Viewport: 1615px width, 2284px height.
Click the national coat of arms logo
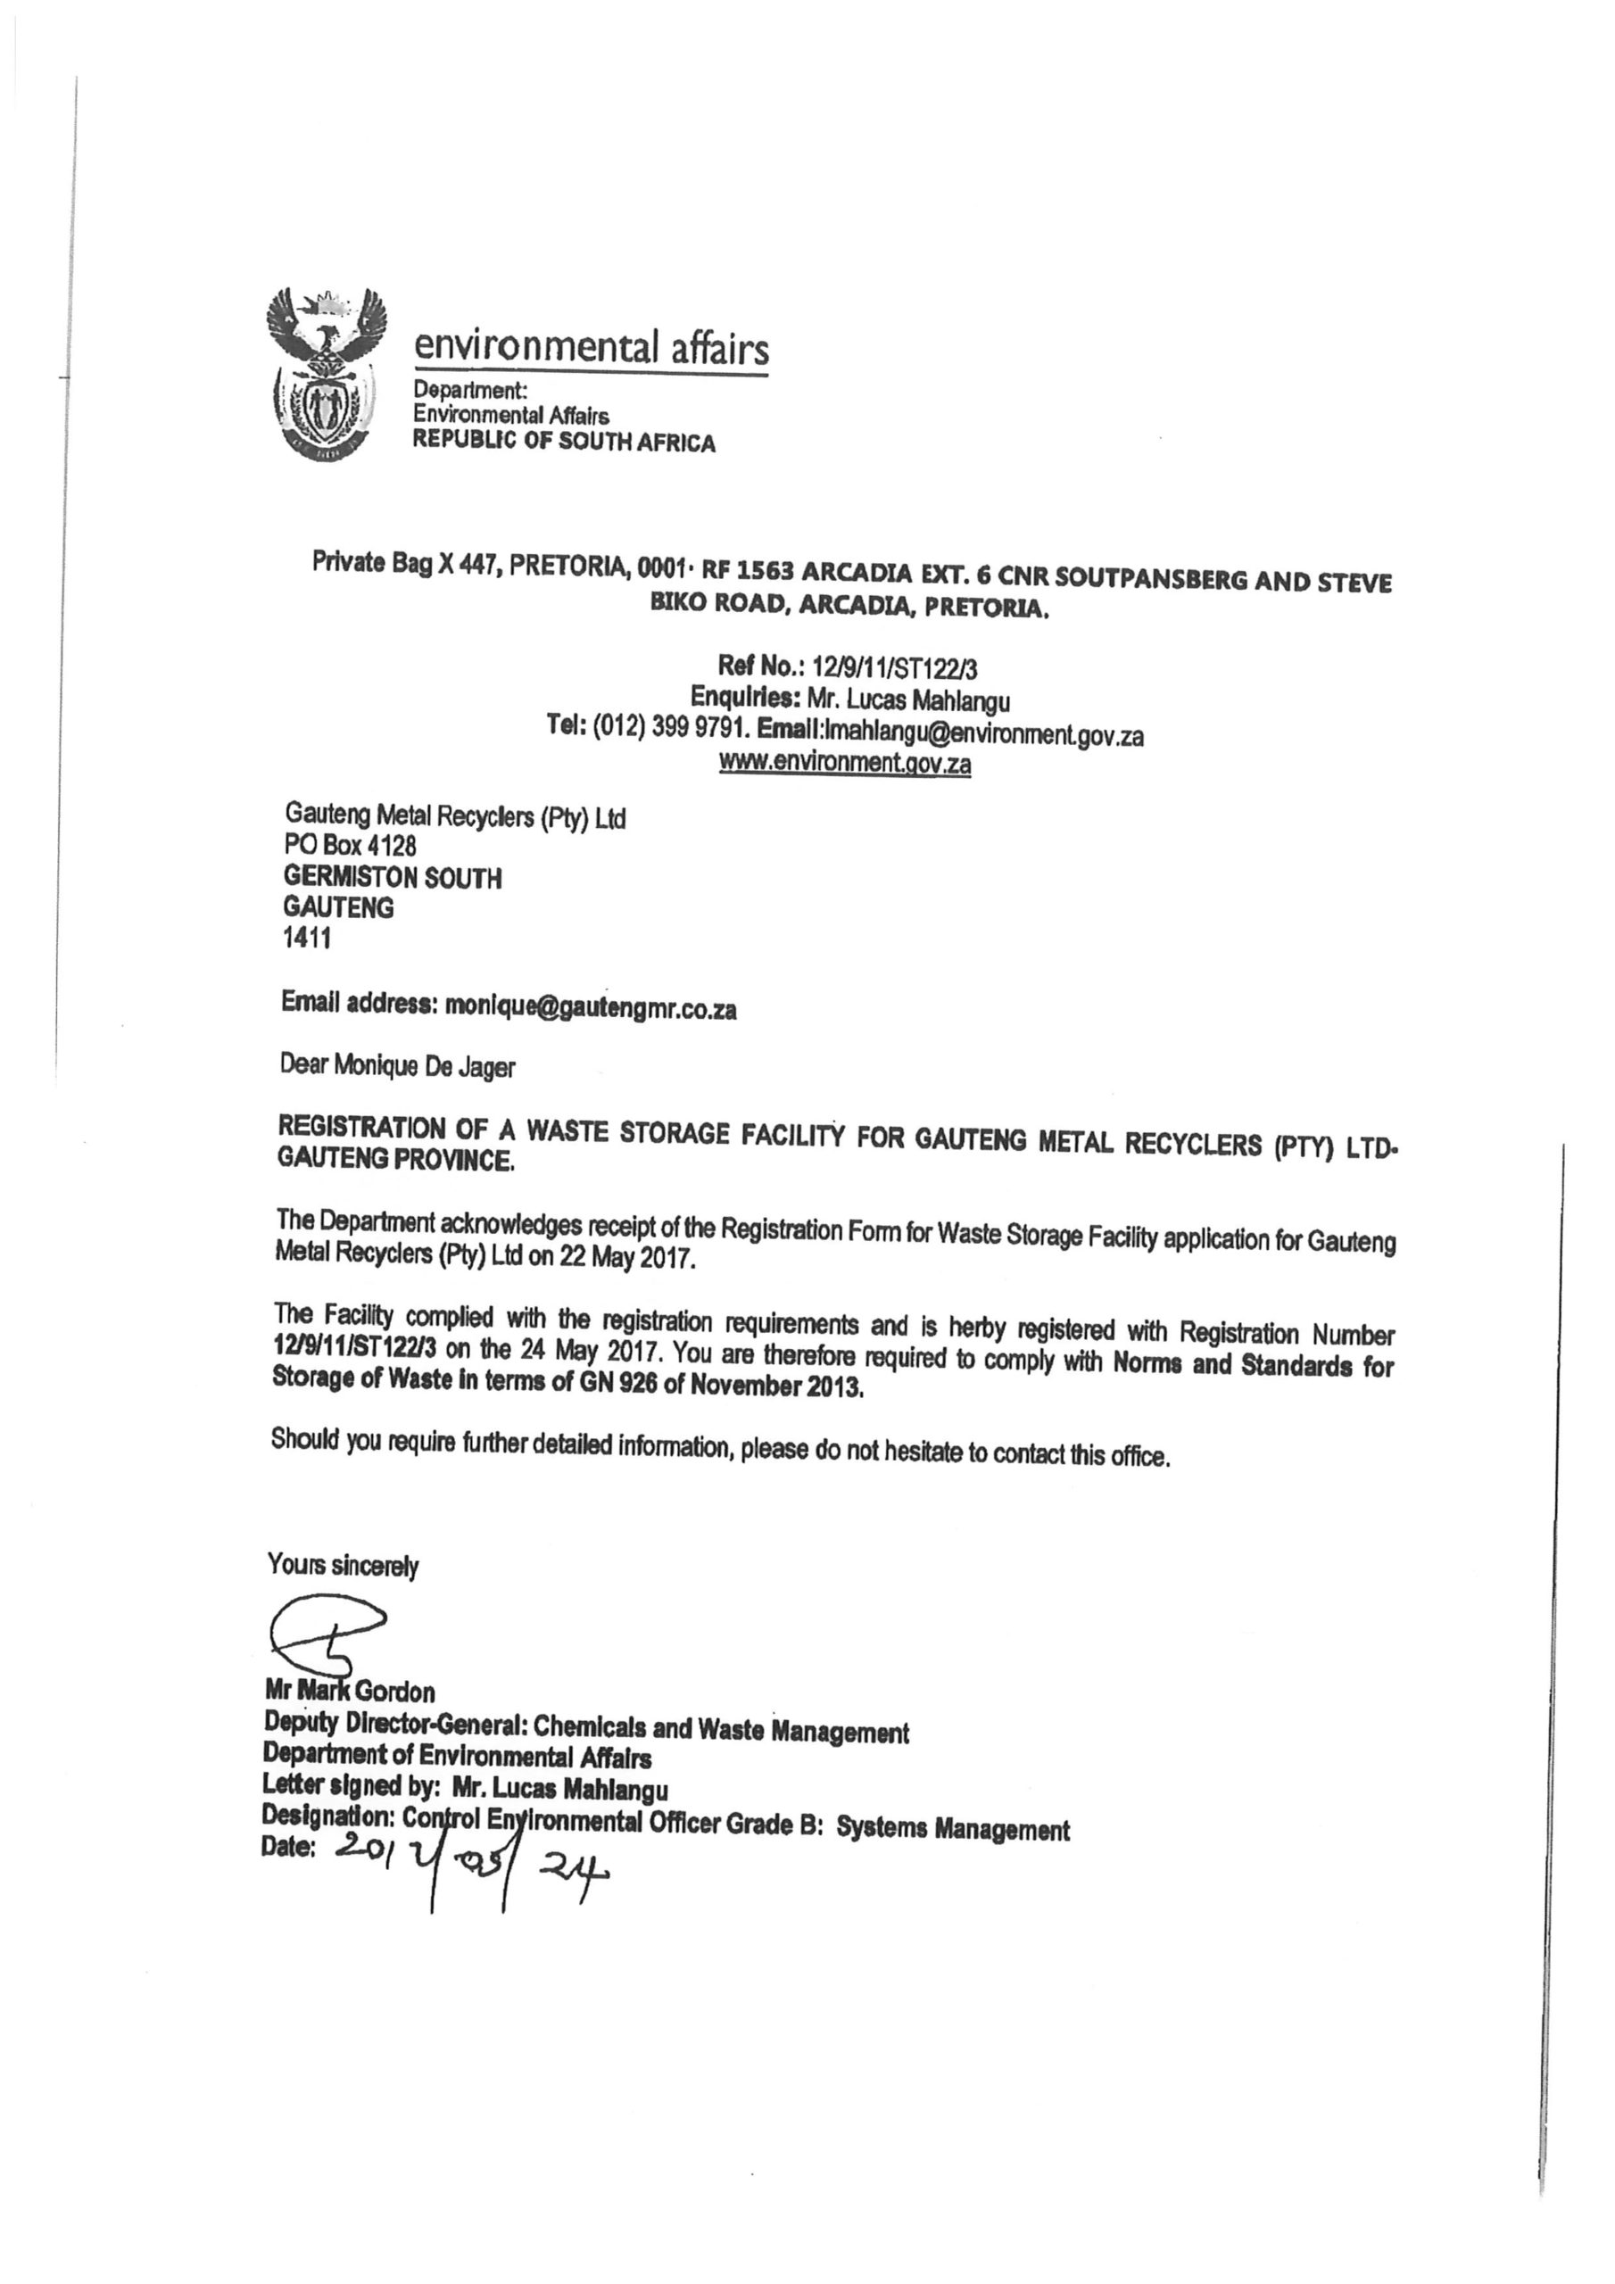coord(326,373)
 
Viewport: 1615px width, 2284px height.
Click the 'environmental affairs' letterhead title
coord(591,347)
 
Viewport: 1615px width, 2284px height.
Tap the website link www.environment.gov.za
coord(845,764)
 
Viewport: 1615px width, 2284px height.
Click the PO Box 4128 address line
coord(351,846)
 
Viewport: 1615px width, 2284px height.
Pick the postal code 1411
coord(308,938)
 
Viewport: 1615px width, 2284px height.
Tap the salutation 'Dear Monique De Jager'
coord(398,1065)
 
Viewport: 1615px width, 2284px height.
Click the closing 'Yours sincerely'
coord(344,1565)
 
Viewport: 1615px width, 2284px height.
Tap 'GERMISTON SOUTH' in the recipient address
coord(393,877)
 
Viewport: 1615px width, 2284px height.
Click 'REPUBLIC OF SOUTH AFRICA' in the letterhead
coord(564,442)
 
